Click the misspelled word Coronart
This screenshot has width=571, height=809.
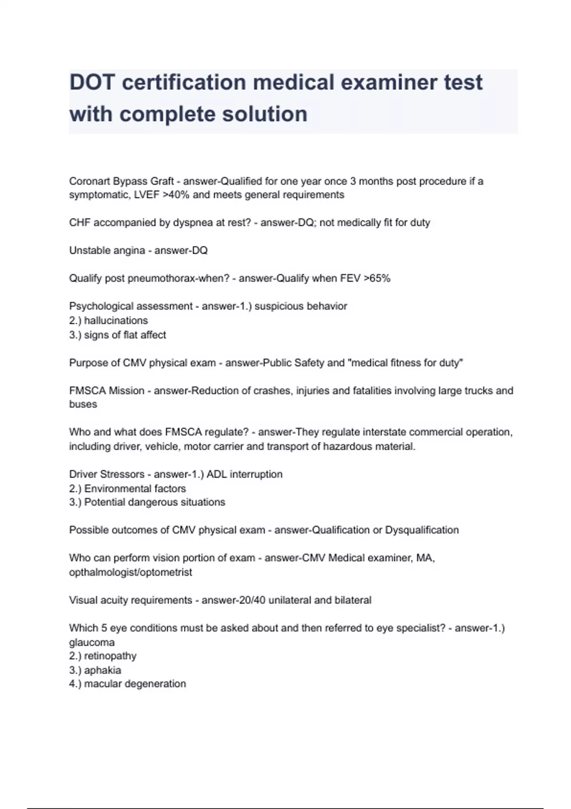89,181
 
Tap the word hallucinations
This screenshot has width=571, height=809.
116,320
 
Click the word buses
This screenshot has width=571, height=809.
83,404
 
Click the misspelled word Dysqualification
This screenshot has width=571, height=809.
422,530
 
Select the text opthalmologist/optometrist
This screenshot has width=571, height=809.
130,572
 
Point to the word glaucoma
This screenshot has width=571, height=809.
92,642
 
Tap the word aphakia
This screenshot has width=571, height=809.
103,670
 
